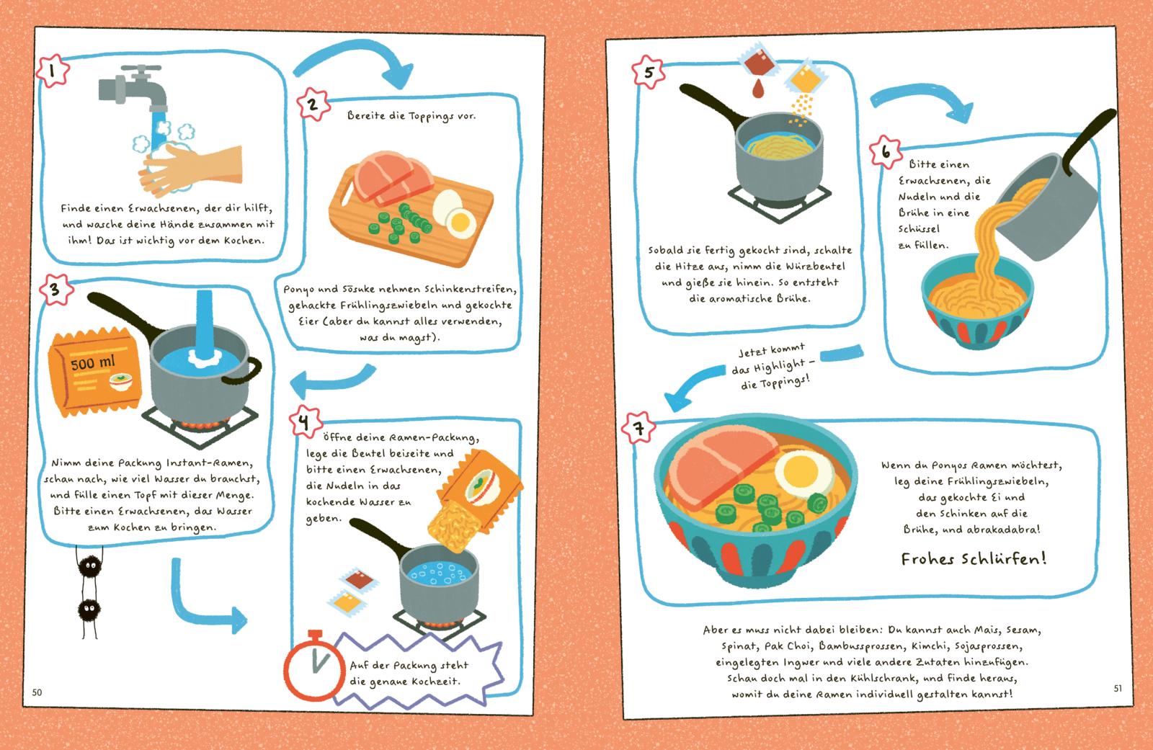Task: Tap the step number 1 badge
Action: (53, 71)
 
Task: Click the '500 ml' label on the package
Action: (93, 363)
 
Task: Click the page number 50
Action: (37, 692)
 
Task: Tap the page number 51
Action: (1118, 688)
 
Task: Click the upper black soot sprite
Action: (89, 566)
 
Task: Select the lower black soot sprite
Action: (89, 611)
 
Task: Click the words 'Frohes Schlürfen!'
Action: (974, 559)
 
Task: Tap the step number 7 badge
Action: (638, 428)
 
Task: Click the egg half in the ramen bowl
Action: (804, 474)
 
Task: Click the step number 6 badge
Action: (886, 152)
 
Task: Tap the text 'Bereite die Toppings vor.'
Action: (411, 116)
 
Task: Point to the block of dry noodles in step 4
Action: (454, 526)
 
